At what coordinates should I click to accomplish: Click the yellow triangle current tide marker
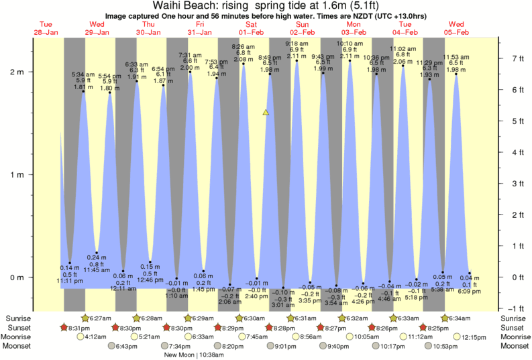click(x=266, y=113)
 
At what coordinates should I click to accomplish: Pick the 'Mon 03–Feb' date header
click(x=354, y=27)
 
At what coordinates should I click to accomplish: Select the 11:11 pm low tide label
click(x=70, y=282)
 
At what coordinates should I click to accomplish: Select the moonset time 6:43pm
click(x=126, y=346)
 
